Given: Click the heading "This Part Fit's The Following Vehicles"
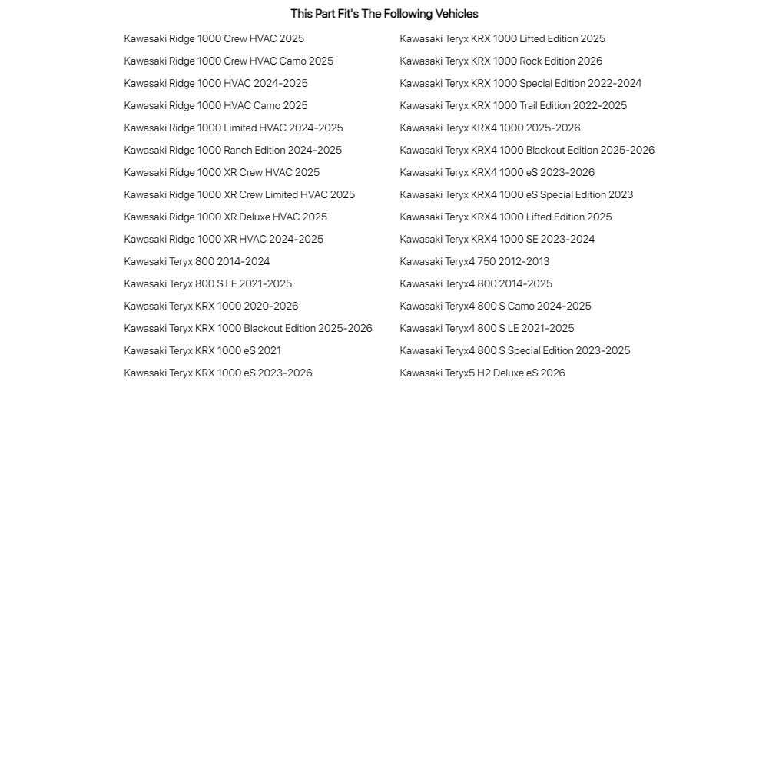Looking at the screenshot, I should coord(384,14).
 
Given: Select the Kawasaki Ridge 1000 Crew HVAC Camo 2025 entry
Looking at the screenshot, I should coord(229,61).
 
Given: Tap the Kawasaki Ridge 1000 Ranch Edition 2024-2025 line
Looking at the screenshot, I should coord(233,151).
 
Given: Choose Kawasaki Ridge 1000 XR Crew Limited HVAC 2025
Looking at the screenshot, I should coord(240,195).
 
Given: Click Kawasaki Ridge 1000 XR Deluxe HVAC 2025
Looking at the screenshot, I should coord(226,217).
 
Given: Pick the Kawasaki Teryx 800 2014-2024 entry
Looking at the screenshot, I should coord(197,262).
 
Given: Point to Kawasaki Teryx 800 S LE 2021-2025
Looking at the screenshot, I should coord(208,284).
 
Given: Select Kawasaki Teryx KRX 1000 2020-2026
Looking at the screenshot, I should coord(211,307).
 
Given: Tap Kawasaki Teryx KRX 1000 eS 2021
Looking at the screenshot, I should coord(203,351).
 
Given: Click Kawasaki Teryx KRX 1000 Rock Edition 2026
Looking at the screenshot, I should coord(501,61).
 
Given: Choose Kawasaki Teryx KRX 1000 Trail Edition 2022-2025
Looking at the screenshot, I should coord(513,106).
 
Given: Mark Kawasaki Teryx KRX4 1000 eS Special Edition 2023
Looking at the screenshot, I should coord(516,195).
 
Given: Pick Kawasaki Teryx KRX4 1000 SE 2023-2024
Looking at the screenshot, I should coord(497,240).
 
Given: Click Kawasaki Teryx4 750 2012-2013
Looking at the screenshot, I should coord(475,262).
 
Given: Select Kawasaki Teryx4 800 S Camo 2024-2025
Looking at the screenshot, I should coord(496,307).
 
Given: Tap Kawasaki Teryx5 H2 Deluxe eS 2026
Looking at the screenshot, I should coord(482,373).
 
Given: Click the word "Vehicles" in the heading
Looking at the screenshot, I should coord(456,14).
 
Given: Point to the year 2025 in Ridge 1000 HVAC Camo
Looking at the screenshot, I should coord(296,106).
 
